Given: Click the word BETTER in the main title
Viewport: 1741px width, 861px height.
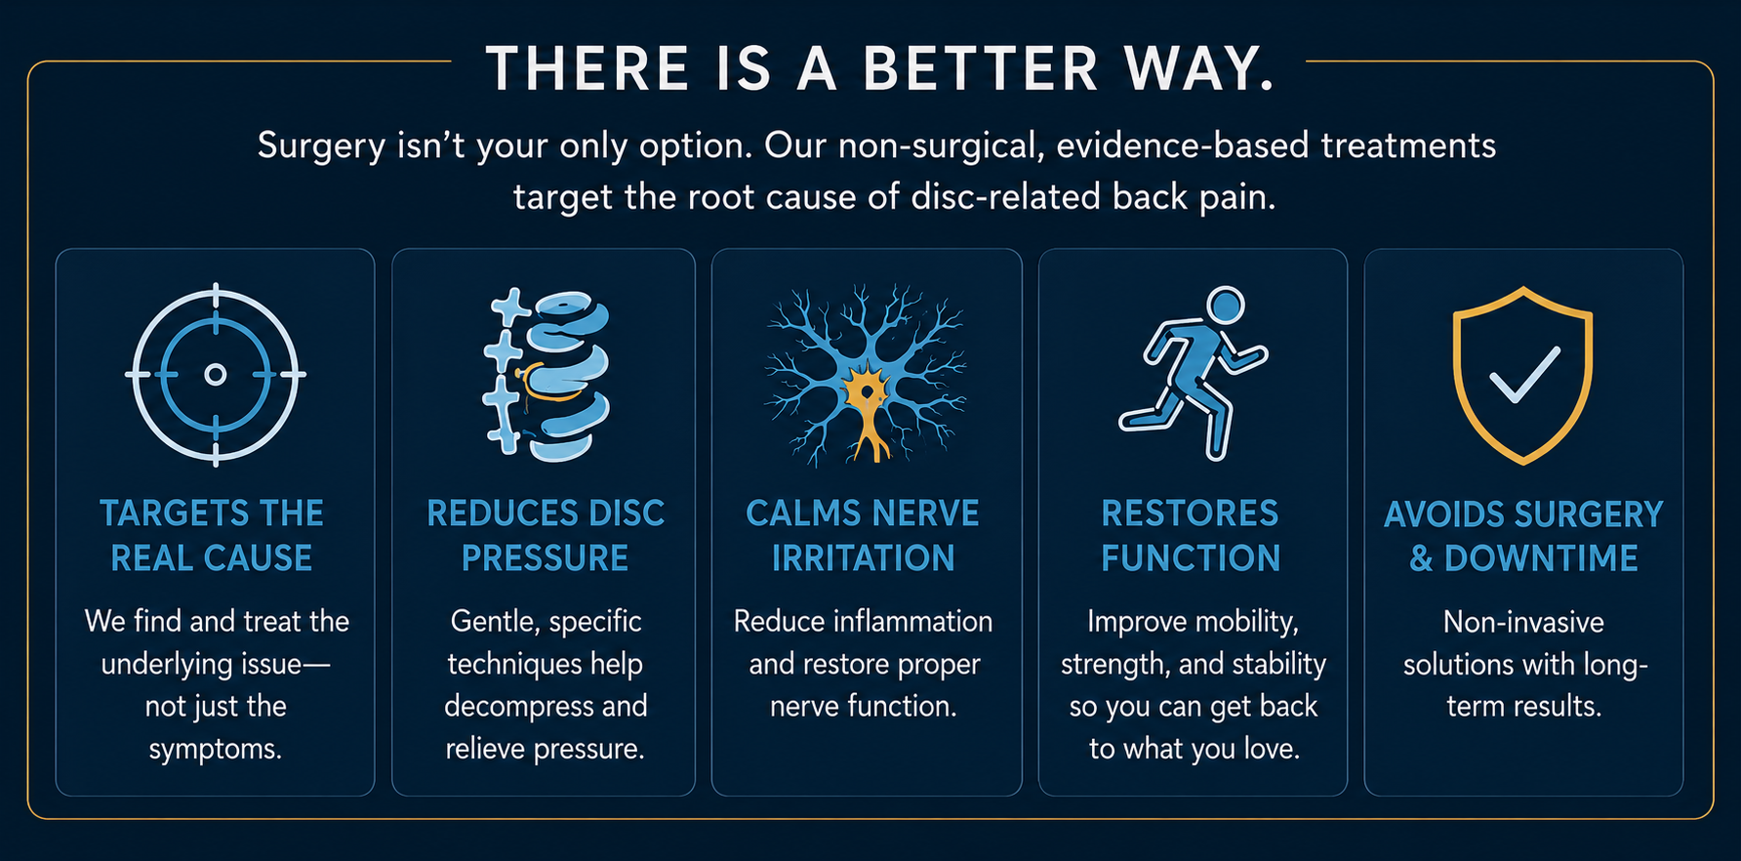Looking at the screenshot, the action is pyautogui.click(x=981, y=68).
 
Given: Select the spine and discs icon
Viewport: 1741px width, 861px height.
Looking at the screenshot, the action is pyautogui.click(x=546, y=375).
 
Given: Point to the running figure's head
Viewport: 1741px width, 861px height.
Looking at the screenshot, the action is pyautogui.click(x=1226, y=305).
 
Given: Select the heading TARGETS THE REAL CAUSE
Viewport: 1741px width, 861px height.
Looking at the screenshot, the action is pyautogui.click(x=212, y=536).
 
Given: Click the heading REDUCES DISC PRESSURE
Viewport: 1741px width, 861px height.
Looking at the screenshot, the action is pyautogui.click(x=546, y=536).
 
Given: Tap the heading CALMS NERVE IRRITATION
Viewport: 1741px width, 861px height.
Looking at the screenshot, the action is pyautogui.click(x=863, y=536).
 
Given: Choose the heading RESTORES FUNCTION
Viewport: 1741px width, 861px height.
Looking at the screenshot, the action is pyautogui.click(x=1191, y=536).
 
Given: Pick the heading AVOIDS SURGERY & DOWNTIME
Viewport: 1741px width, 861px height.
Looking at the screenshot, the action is pyautogui.click(x=1523, y=536).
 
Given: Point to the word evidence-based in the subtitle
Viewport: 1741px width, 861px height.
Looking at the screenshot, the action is pyautogui.click(x=1182, y=145).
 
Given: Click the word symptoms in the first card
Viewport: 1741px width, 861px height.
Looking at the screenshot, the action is pyautogui.click(x=216, y=750).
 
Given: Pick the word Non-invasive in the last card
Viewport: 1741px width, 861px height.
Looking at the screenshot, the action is pyautogui.click(x=1523, y=622).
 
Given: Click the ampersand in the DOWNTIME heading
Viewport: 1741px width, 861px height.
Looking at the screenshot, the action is pyautogui.click(x=1421, y=558).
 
